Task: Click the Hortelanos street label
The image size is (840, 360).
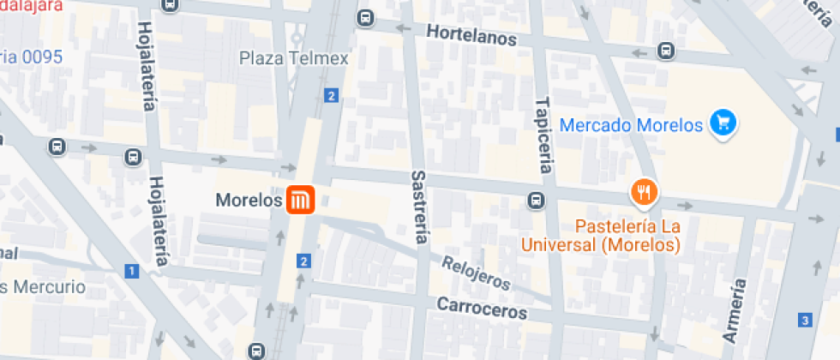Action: pos(472,38)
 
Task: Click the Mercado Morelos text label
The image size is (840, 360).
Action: pos(631,125)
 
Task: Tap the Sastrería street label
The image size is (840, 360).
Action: pos(419,206)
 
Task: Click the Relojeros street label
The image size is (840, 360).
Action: pos(477,271)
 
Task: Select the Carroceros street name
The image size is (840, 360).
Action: pos(482,308)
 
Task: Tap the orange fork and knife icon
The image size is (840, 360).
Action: pos(644,193)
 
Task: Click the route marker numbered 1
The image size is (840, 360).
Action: pos(131,272)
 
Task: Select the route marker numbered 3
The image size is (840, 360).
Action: pos(804,321)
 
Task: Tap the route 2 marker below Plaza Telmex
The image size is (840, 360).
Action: pos(331,95)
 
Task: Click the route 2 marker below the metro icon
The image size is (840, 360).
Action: pos(303,261)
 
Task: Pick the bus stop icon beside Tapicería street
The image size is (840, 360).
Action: pos(536,201)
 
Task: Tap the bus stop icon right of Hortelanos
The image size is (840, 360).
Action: pos(666,51)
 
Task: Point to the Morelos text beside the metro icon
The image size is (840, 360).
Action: pos(249,201)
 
